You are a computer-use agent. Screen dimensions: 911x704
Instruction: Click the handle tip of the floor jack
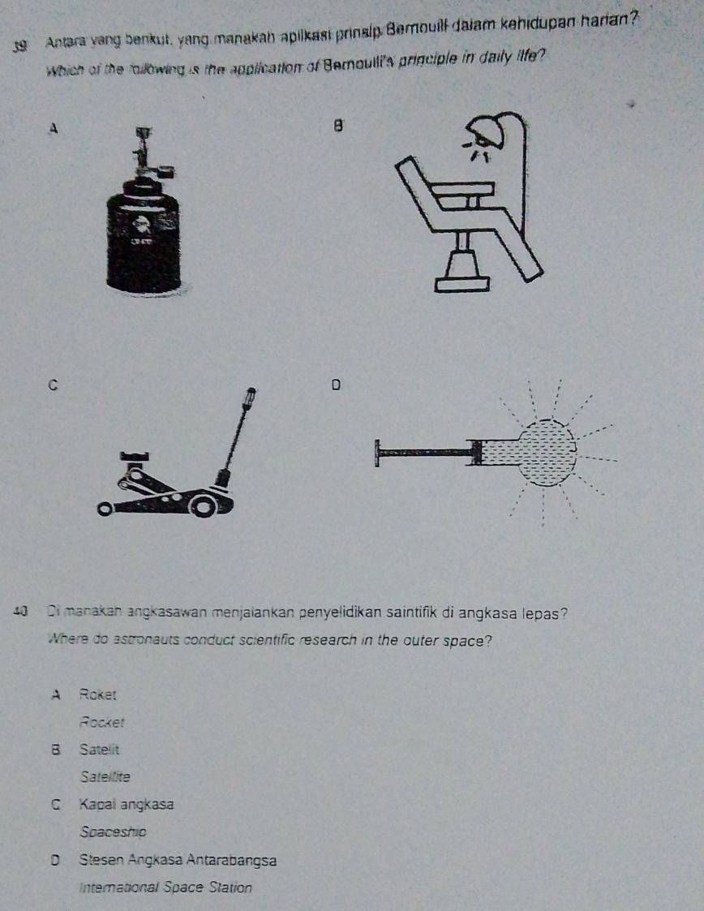251,396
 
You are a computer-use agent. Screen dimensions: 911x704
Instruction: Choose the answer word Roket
99,694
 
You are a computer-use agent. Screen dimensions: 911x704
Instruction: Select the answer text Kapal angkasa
127,805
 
